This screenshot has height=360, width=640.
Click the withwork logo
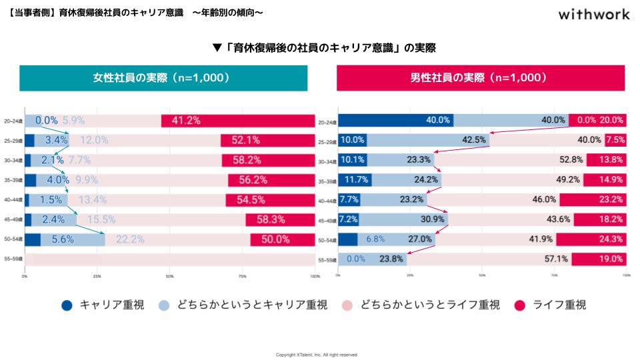point(593,14)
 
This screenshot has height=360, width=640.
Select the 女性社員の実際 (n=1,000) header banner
point(163,78)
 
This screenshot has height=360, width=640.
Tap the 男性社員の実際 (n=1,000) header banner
point(481,78)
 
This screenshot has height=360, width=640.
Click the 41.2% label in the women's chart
point(187,121)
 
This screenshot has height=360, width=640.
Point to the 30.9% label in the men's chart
point(430,219)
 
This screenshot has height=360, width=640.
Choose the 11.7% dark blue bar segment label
point(354,180)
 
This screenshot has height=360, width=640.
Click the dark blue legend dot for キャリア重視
point(67,305)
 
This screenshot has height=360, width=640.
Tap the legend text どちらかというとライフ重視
point(430,305)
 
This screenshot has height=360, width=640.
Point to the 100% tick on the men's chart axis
point(625,275)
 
